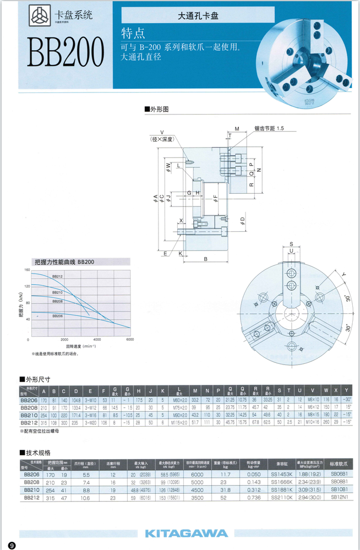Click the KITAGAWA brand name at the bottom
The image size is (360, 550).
pos(186,533)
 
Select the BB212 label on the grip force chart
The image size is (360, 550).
pos(58,276)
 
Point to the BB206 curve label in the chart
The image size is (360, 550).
pos(58,316)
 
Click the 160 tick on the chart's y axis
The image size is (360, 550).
pos(27,270)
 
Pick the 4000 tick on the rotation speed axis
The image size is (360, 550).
pos(97,340)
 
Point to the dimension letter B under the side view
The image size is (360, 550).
pos(205,258)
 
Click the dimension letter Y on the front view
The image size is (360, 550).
pos(343,275)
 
